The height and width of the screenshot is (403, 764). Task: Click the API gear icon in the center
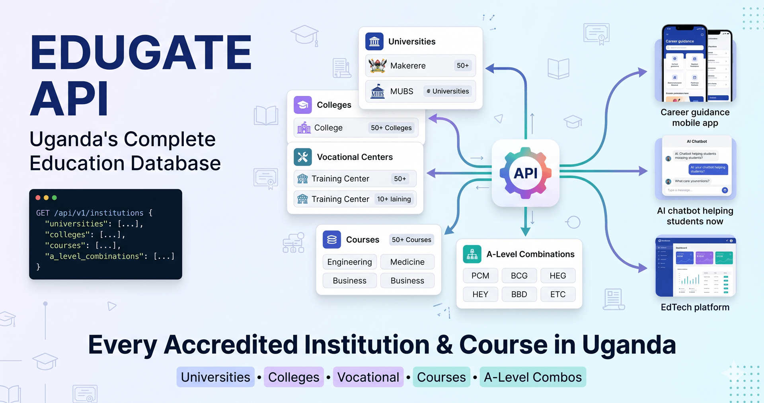tap(526, 173)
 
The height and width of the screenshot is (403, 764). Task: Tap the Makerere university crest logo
tap(377, 66)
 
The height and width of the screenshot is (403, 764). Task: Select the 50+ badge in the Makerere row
tap(462, 66)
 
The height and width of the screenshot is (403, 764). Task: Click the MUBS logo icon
tap(377, 92)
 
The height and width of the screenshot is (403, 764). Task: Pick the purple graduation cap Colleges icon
tap(303, 105)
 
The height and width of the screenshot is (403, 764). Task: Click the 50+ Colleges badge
tap(391, 128)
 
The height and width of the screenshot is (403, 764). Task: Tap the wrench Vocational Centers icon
tap(303, 157)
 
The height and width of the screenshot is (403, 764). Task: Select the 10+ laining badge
tap(394, 199)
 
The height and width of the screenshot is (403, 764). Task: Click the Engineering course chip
tap(349, 262)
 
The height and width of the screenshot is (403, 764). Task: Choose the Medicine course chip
tap(407, 262)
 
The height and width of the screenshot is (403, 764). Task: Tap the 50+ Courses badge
tap(411, 239)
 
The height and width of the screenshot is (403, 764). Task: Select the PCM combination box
tap(480, 276)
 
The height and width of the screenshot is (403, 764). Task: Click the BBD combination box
tap(519, 294)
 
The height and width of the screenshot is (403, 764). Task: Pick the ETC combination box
tap(557, 294)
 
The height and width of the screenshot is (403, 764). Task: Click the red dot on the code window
tap(38, 198)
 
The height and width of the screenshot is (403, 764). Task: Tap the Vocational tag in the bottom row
tap(368, 377)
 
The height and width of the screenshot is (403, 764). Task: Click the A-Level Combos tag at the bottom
tap(532, 377)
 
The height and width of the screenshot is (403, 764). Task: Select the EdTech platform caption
tap(695, 307)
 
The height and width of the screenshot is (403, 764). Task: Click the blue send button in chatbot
tap(725, 190)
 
